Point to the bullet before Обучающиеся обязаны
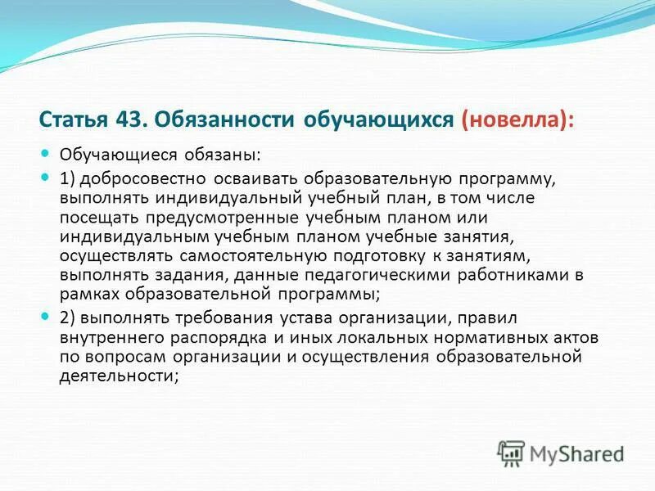(46, 153)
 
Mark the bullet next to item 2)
(46, 316)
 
